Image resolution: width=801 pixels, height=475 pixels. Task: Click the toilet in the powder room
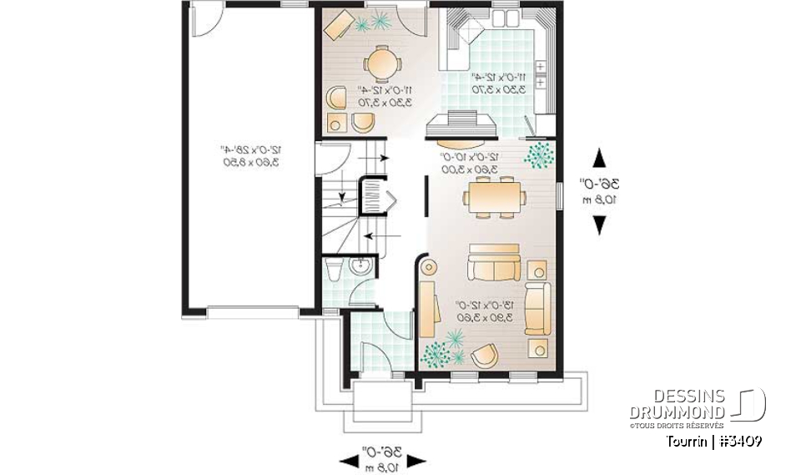coord(334,269)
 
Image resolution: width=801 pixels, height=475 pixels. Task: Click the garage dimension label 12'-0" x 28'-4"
coord(249,156)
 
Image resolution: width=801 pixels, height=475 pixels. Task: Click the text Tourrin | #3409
coord(713,441)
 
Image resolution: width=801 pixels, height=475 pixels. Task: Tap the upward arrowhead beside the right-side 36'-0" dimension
coord(598,159)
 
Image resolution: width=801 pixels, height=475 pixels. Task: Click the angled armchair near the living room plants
coord(483,356)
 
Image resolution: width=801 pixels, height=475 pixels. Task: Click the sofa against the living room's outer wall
coord(537,309)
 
